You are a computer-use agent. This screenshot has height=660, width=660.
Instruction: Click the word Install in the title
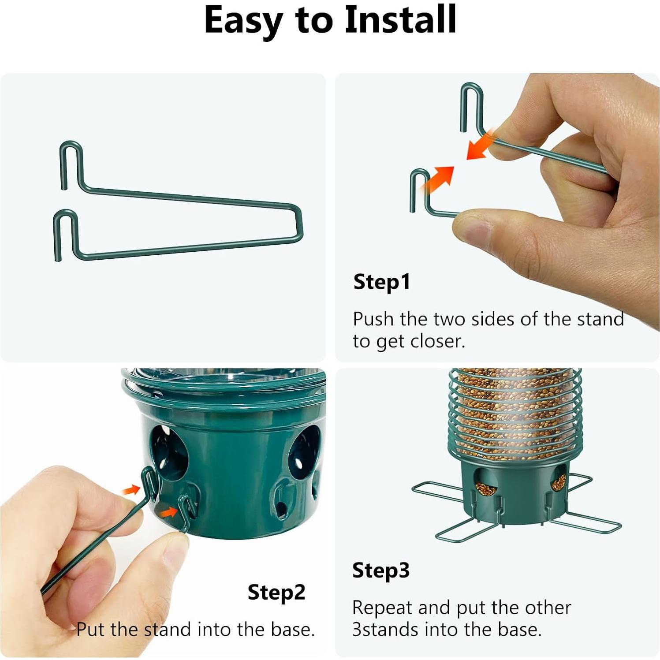(x=400, y=20)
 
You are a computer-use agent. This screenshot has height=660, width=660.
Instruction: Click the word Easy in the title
(x=243, y=21)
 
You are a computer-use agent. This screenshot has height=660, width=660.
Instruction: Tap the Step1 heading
(x=382, y=282)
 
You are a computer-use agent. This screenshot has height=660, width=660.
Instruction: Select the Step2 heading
(x=276, y=592)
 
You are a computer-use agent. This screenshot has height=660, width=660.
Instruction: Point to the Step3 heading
(x=381, y=570)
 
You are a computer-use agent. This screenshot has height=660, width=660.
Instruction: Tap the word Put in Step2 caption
(x=90, y=629)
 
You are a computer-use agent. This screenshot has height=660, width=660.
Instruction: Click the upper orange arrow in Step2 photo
(x=131, y=489)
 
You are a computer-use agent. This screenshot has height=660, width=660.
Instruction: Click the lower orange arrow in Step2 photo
(x=168, y=511)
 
